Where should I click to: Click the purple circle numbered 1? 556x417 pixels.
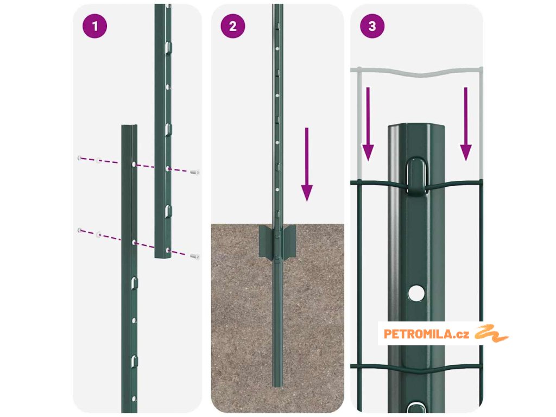click(x=94, y=26)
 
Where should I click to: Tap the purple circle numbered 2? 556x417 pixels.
click(x=232, y=26)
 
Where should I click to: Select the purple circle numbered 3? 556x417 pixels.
click(x=372, y=26)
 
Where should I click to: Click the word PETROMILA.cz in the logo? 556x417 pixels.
click(x=426, y=334)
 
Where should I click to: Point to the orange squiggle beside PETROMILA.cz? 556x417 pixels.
click(x=491, y=333)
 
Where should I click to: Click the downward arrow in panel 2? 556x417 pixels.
click(x=307, y=165)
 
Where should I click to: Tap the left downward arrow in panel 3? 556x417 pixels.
click(x=368, y=124)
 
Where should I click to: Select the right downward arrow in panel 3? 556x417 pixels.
click(x=465, y=124)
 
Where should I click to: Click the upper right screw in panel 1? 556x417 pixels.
click(x=195, y=172)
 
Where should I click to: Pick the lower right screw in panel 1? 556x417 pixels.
click(x=195, y=256)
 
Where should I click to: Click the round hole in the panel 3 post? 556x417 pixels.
click(x=416, y=293)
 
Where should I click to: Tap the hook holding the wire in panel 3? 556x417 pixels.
click(x=416, y=176)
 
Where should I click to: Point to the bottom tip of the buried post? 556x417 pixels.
click(x=277, y=386)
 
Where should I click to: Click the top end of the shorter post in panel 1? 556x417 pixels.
click(x=129, y=126)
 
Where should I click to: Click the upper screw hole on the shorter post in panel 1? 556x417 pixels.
click(x=134, y=165)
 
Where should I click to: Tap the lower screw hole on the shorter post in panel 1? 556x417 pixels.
click(x=134, y=243)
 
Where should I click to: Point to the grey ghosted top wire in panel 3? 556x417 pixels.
click(x=417, y=73)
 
